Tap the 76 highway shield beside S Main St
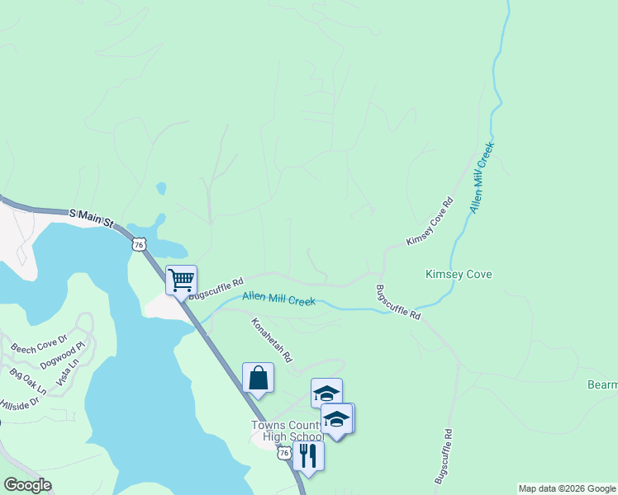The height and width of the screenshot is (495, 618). (139, 244)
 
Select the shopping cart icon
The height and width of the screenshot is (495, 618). (181, 280)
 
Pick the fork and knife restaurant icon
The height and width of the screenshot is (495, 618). (308, 455)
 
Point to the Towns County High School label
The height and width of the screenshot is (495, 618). (288, 431)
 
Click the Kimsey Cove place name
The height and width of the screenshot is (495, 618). (459, 274)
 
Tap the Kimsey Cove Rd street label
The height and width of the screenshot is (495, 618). (430, 221)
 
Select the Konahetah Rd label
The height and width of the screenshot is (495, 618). (272, 341)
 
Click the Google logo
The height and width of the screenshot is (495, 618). (27, 485)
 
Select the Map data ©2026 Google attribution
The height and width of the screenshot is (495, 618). (567, 488)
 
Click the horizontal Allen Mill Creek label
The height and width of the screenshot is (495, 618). (279, 299)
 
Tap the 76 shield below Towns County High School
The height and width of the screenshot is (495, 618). (284, 453)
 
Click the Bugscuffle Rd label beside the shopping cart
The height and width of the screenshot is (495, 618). (216, 289)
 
